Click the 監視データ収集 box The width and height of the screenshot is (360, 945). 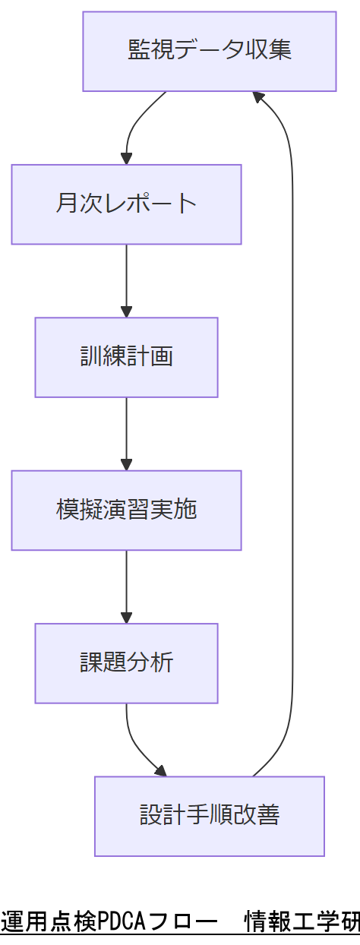(x=210, y=52)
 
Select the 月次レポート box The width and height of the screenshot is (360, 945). (x=126, y=204)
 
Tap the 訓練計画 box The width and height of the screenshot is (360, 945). (x=126, y=357)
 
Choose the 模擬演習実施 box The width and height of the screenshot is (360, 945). (x=126, y=510)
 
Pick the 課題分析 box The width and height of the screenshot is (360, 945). (x=126, y=663)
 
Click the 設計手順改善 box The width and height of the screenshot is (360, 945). (x=210, y=816)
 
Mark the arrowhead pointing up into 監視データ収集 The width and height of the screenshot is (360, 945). (x=258, y=96)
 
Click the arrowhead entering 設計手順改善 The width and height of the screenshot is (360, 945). (x=160, y=771)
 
